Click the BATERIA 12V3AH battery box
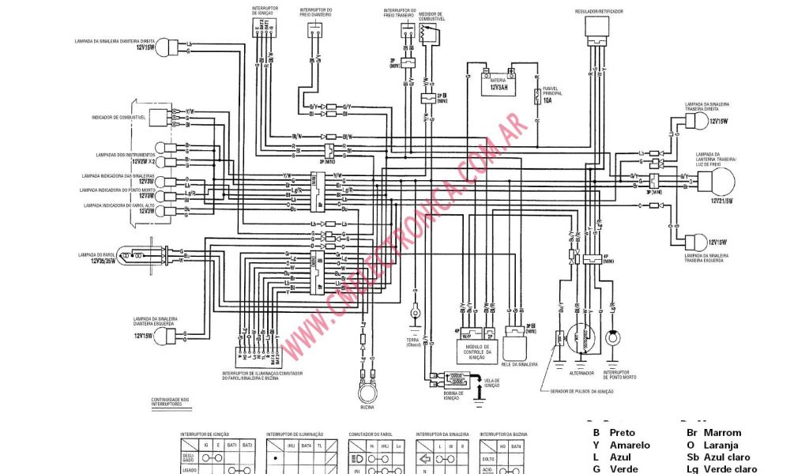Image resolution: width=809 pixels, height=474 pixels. tap(500, 84)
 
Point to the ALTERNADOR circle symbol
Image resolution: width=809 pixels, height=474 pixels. tap(582, 340)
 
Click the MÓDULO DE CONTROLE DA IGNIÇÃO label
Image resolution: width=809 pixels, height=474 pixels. tap(478, 352)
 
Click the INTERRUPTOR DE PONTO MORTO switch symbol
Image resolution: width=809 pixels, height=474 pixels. tap(612, 340)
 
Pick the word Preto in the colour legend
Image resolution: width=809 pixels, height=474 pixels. tap(622, 433)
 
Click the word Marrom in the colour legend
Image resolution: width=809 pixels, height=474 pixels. tap(724, 433)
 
